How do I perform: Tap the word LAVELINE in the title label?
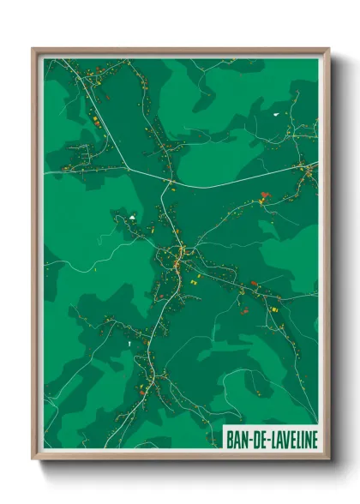pos(288,438)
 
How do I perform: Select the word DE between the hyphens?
pos(255,438)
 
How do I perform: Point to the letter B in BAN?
pos(229,438)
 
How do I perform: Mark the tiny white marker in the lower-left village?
pos(128,343)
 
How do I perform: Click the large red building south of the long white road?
pos(264,195)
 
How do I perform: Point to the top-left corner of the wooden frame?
pos(33,49)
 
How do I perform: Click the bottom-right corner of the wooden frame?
pos(328,459)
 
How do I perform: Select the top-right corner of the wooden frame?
pos(328,49)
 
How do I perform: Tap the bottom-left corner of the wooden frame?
pos(33,459)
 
